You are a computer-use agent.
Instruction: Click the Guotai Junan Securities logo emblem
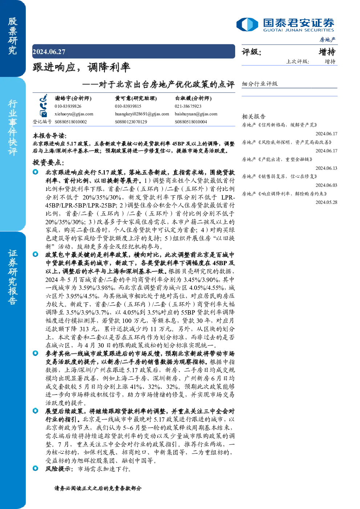[x=247, y=24]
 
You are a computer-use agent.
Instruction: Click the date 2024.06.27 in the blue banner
[x=49, y=52]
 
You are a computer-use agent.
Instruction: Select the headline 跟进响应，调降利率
[x=81, y=67]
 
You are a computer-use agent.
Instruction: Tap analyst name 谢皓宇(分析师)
[x=73, y=98]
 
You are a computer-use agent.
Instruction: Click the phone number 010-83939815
[x=128, y=106]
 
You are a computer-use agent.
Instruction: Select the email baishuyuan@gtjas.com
[x=196, y=114]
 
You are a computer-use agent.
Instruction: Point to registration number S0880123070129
[x=131, y=122]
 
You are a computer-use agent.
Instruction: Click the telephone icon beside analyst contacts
[x=43, y=106]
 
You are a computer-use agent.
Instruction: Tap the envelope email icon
[x=43, y=114]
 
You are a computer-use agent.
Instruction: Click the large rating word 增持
[x=327, y=52]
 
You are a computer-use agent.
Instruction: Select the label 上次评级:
[x=298, y=62]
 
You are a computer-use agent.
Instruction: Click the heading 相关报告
[x=253, y=116]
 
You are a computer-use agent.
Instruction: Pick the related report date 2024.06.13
[x=326, y=168]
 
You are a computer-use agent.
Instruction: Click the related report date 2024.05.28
[x=326, y=202]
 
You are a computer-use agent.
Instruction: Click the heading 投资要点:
[x=48, y=163]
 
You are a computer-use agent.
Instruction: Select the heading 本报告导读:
[x=50, y=136]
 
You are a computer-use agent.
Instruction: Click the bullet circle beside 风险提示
[x=36, y=468]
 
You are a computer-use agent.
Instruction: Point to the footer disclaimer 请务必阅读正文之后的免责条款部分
[x=98, y=488]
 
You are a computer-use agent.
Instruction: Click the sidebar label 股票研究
[x=13, y=36]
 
